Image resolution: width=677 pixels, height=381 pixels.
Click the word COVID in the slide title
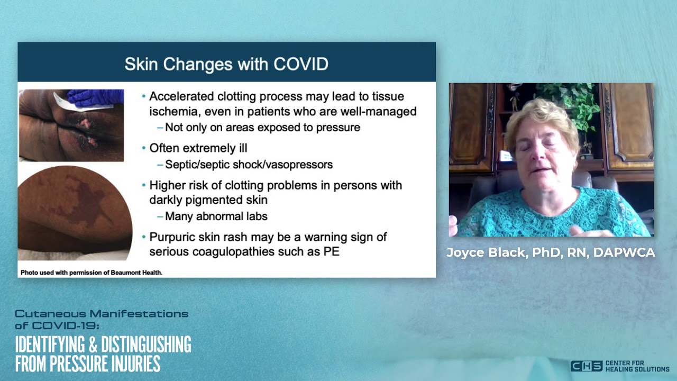[301, 64]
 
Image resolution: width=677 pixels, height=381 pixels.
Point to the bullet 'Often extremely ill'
[198, 148]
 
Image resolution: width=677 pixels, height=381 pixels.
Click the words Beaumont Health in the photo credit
[136, 273]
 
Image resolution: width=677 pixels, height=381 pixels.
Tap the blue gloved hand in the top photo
[96, 98]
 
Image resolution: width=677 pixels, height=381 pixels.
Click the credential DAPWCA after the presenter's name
[624, 252]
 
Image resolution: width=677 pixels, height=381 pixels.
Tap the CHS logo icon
[587, 366]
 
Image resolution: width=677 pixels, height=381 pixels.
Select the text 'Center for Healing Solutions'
[637, 366]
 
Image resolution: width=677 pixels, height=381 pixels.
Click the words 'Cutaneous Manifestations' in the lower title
[102, 314]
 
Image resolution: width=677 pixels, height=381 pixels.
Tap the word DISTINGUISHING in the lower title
[146, 344]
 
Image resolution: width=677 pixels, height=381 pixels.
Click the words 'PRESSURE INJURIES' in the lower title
[105, 364]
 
